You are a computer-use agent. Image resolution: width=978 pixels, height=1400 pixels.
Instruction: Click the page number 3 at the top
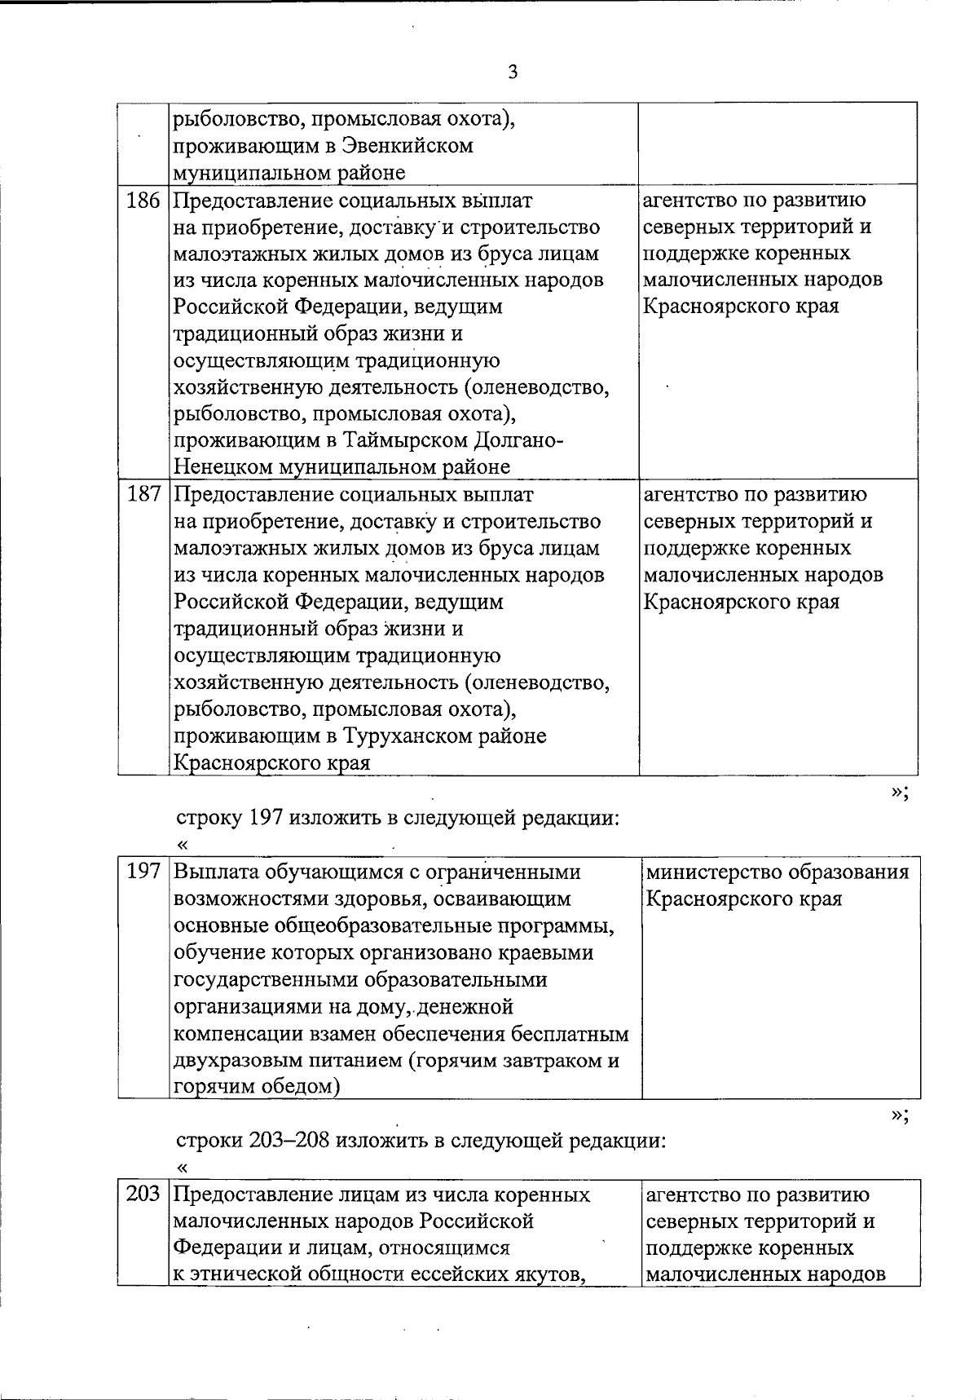click(x=513, y=73)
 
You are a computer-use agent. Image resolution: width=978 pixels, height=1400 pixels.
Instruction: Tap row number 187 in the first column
click(x=143, y=495)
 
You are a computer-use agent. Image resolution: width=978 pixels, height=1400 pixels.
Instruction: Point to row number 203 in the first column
click(x=143, y=1195)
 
